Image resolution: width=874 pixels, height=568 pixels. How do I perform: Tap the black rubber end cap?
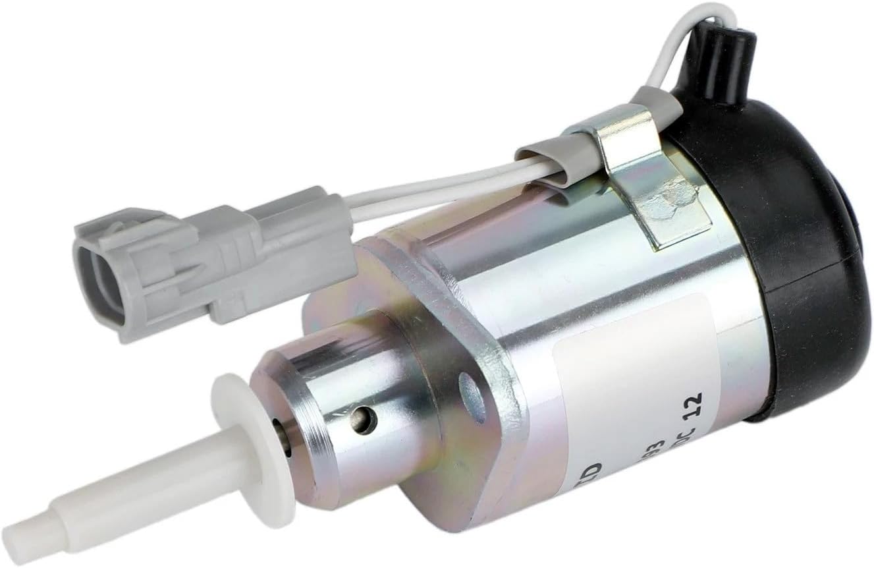point(790,250)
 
